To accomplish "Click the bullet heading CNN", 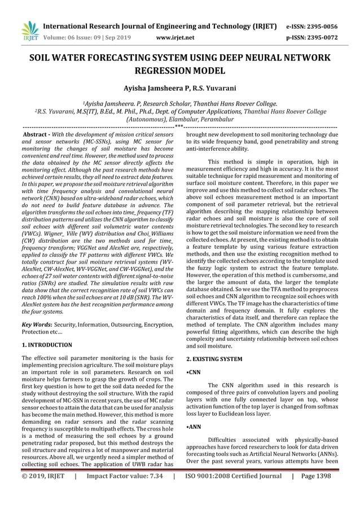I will (193, 373).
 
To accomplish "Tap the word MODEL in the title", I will (208, 72).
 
